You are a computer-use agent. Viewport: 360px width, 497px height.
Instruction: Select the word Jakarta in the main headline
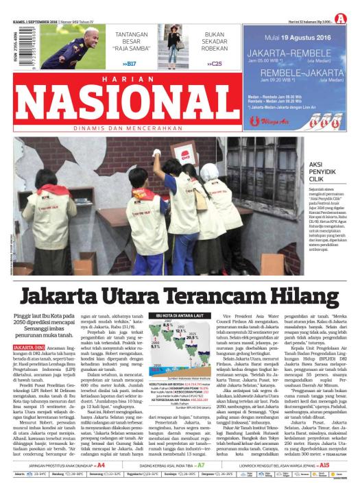66,297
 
